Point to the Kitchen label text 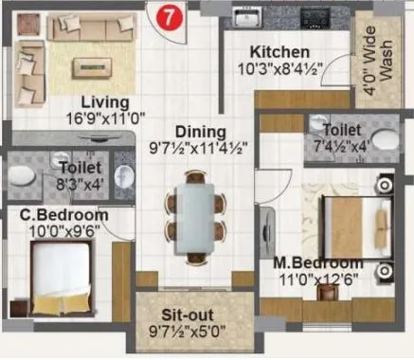pyautogui.click(x=279, y=51)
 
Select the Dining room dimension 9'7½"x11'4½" pyautogui.click(x=199, y=148)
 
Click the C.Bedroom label pyautogui.click(x=63, y=215)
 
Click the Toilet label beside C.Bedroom pyautogui.click(x=68, y=171)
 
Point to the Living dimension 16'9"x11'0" pyautogui.click(x=104, y=118)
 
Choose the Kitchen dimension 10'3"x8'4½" pyautogui.click(x=280, y=68)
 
